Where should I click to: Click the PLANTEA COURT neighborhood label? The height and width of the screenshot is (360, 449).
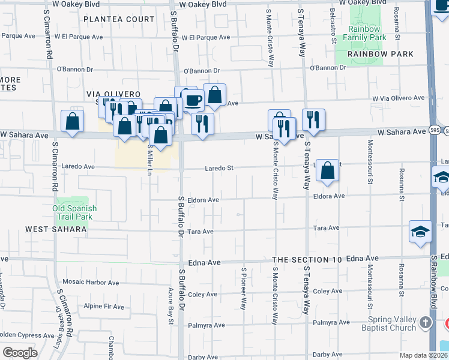(119, 19)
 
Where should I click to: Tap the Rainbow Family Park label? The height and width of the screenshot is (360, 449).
(364, 33)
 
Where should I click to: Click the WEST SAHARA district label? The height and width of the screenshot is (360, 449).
(56, 229)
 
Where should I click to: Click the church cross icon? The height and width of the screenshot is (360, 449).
(426, 323)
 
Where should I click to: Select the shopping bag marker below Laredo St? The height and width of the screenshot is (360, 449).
(327, 170)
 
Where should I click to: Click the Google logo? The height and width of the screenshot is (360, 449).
(19, 353)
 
